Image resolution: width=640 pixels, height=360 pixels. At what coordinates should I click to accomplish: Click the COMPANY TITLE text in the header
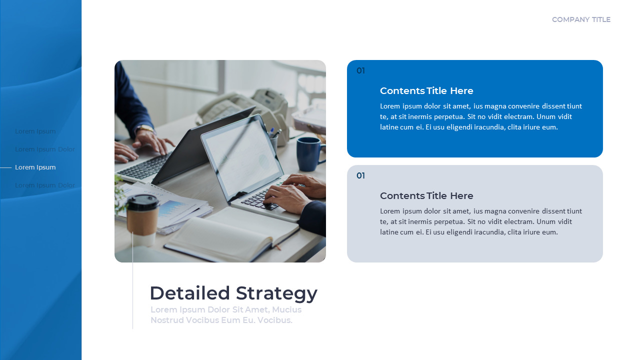581,20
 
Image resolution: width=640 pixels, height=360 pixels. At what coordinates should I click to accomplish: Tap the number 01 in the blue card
360,71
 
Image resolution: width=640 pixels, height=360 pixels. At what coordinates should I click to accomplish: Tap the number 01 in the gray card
360,176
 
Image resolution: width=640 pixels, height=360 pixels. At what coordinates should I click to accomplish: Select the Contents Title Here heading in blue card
426,91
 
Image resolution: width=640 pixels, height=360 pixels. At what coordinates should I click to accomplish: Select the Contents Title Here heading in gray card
426,196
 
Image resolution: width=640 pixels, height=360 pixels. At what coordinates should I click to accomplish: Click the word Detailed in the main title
190,293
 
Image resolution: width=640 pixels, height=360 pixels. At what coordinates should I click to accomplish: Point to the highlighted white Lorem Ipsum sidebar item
35,167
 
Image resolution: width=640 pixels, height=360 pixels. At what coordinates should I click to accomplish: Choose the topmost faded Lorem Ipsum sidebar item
35,131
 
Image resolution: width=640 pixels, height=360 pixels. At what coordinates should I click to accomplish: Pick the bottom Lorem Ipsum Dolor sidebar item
45,185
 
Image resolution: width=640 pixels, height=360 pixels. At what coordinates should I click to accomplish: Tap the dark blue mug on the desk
309,153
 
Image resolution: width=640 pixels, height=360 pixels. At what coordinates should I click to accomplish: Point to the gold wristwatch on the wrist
145,129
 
